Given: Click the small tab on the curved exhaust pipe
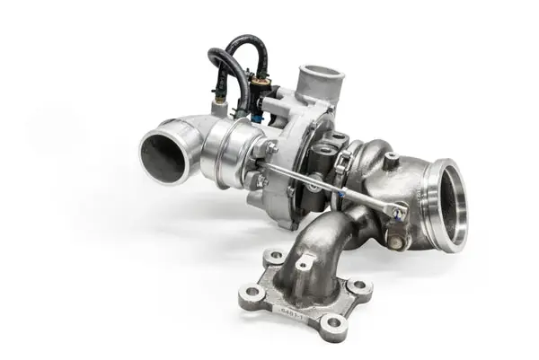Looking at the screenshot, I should tap(306, 262).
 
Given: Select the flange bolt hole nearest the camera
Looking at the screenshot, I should tap(334, 322).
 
